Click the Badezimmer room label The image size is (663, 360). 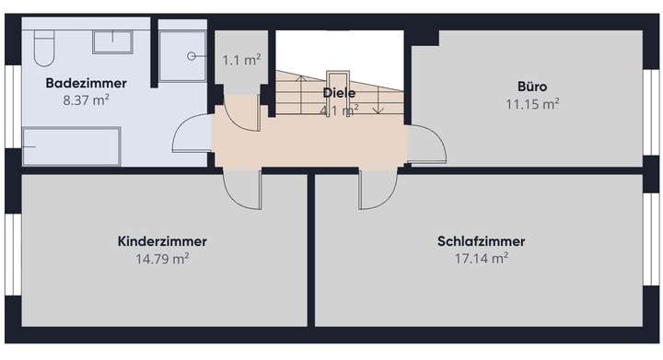point(86,83)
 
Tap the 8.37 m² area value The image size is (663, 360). point(86,99)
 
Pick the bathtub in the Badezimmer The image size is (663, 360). point(70,147)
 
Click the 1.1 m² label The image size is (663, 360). point(241,60)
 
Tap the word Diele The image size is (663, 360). point(339,93)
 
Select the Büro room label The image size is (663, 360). point(532,87)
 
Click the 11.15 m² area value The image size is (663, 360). point(532,104)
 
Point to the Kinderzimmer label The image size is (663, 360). point(162,241)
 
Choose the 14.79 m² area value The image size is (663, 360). point(162,259)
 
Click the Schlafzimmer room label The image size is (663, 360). point(481,241)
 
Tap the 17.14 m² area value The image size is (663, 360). point(481,259)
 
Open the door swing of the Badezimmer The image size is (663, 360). point(192,136)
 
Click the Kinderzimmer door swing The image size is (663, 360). point(242,190)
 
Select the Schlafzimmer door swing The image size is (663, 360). point(378,190)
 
